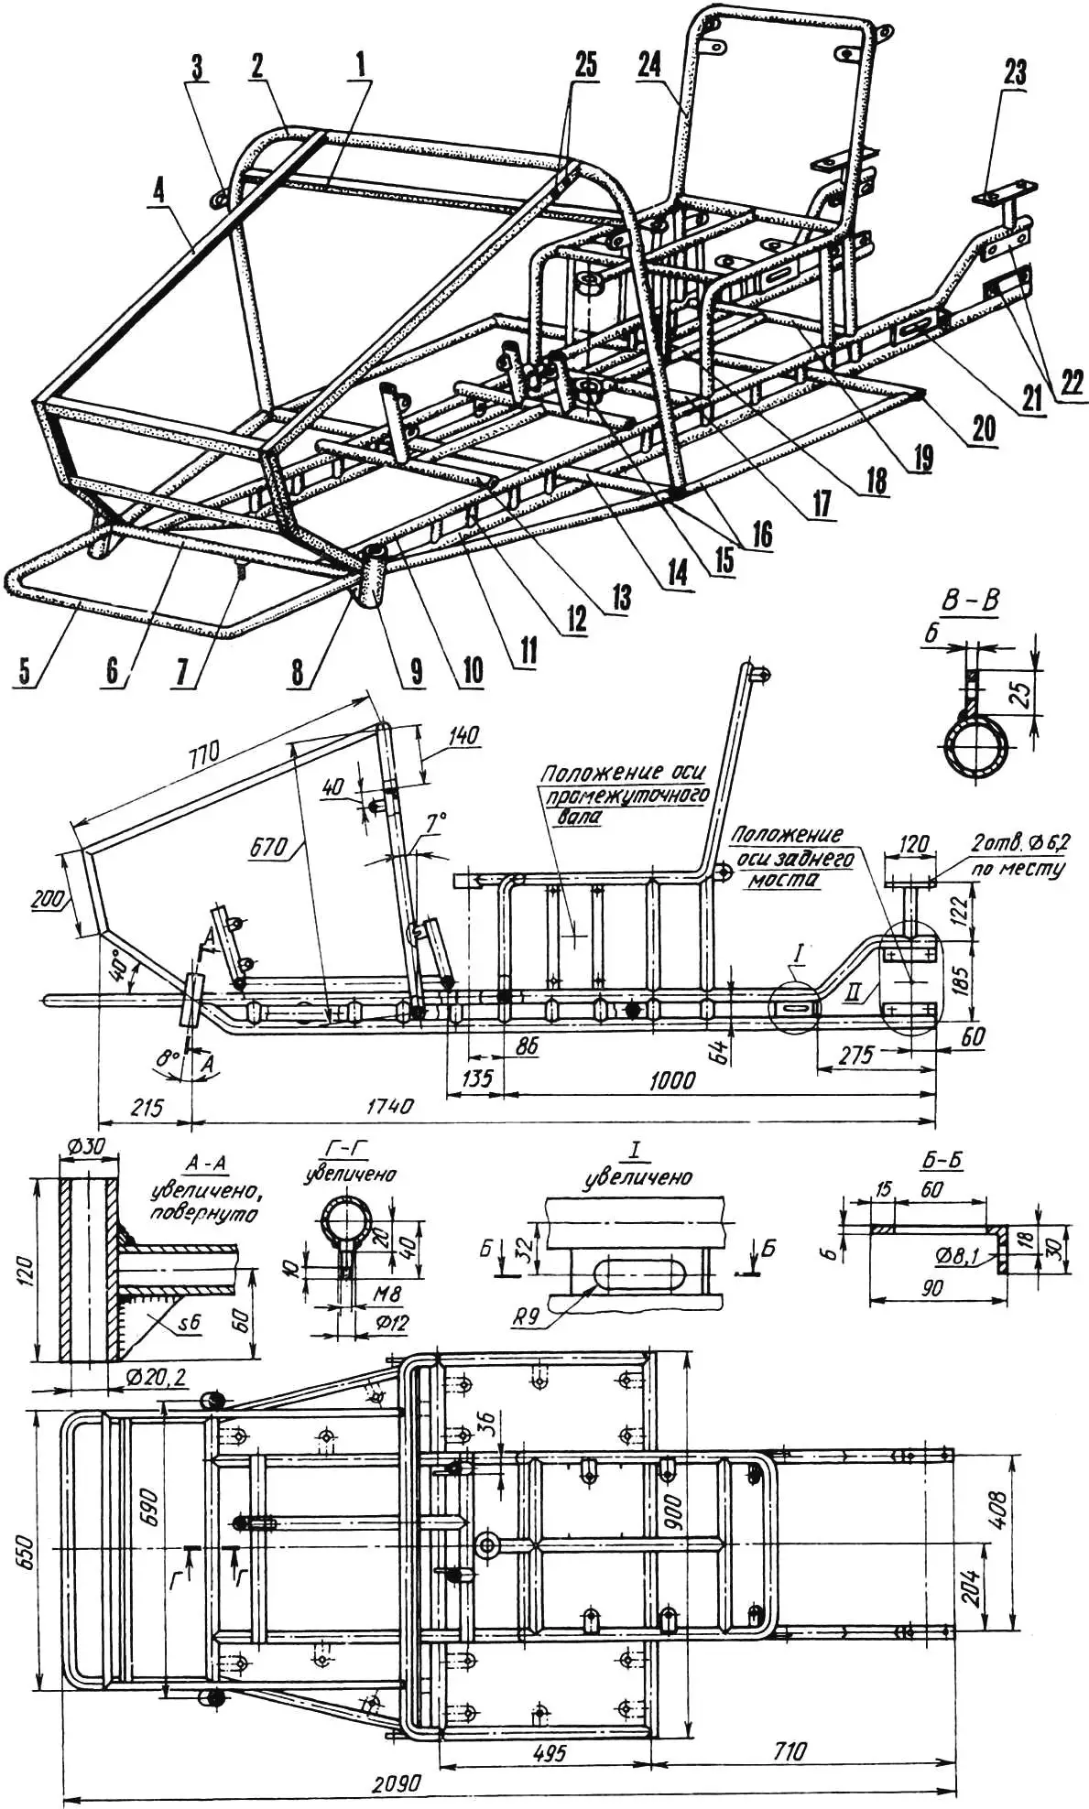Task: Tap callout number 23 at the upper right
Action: point(1015,72)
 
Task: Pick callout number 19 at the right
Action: point(921,457)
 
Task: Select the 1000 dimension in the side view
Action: point(671,1080)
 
